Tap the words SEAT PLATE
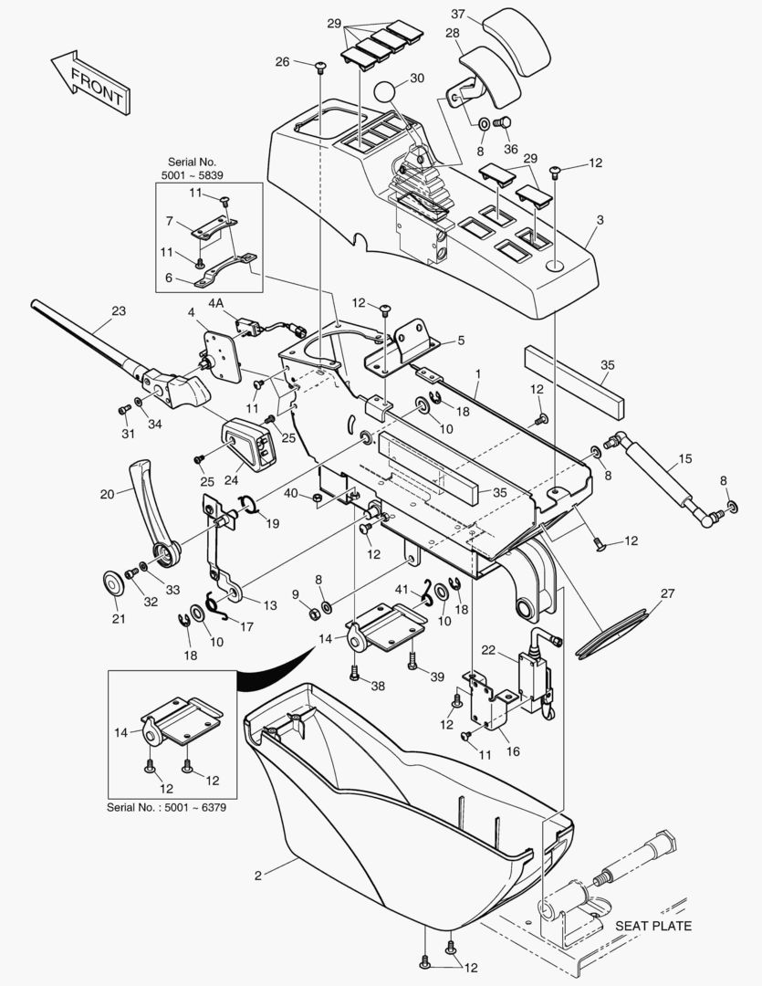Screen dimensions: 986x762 [652, 926]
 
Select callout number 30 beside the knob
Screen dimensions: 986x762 [416, 79]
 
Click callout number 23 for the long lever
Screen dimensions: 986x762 [119, 309]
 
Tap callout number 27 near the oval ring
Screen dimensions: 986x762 [668, 593]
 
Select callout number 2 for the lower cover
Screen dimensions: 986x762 [258, 876]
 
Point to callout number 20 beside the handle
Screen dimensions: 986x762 [108, 494]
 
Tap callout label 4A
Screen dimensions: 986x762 [215, 302]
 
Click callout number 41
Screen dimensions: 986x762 [402, 590]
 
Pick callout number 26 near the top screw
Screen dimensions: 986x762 [282, 62]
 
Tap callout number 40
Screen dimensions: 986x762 [291, 494]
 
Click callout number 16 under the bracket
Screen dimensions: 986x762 [513, 751]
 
